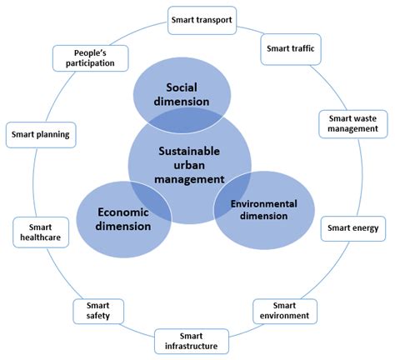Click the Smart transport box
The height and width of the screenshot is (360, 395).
(x=202, y=21)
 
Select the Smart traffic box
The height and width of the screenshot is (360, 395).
(x=291, y=49)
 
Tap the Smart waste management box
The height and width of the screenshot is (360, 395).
(x=353, y=124)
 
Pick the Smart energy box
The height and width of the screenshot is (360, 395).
(x=353, y=228)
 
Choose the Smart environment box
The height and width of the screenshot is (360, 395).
(x=285, y=311)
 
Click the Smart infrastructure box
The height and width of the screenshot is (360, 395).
(x=192, y=342)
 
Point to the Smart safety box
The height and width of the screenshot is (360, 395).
(x=98, y=311)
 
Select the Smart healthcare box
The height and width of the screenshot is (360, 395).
(x=41, y=232)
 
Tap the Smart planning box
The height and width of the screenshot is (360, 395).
(x=41, y=135)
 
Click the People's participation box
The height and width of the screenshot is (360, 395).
(x=90, y=58)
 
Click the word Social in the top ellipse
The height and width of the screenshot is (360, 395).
(x=182, y=87)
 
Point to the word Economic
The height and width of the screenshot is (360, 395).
(x=123, y=212)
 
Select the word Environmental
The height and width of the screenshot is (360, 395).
(x=264, y=204)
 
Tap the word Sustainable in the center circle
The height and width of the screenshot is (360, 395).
(x=189, y=152)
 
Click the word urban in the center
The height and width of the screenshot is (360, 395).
(x=189, y=165)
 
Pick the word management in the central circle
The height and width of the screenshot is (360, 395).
(x=189, y=179)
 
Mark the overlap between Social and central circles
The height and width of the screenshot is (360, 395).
(x=182, y=120)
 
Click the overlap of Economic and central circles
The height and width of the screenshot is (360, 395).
(x=152, y=201)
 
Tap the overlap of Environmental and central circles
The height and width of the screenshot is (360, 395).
(x=232, y=194)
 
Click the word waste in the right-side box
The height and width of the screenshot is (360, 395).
(x=366, y=118)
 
